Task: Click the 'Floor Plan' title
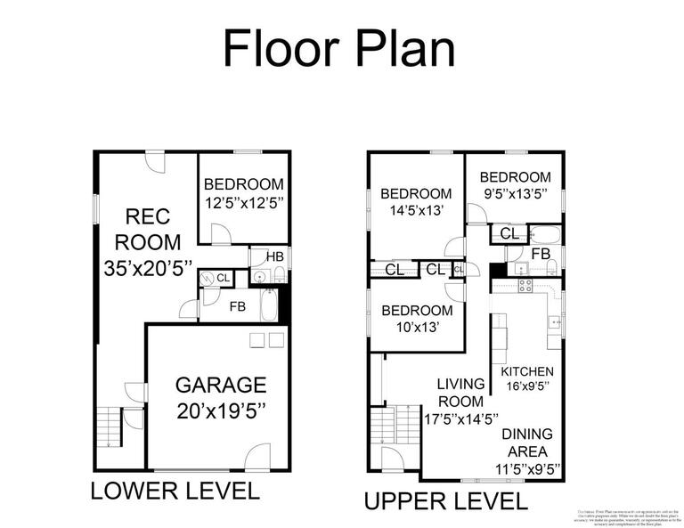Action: click(338, 48)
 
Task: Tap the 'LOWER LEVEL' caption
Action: click(175, 491)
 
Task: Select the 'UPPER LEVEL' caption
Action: click(445, 500)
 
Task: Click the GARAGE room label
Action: click(220, 385)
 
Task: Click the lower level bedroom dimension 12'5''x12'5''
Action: click(243, 203)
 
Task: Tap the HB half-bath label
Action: click(275, 256)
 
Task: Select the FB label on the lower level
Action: click(238, 306)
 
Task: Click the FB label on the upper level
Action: click(541, 253)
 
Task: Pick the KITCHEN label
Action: click(527, 371)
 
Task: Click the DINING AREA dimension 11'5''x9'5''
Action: click(527, 467)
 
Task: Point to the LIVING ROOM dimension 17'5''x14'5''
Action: click(460, 418)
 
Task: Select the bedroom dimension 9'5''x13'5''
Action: click(516, 192)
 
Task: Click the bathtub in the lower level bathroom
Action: click(265, 308)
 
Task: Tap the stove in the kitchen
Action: click(525, 286)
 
